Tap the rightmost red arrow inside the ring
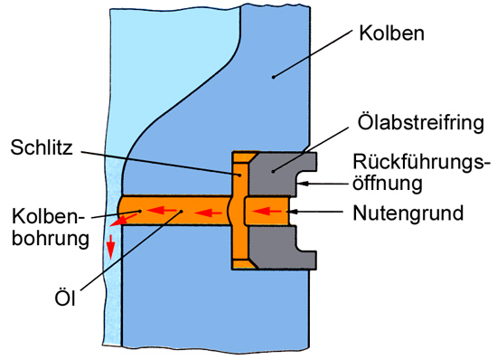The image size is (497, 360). click(267, 214)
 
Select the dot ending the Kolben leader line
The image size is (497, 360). click(271, 79)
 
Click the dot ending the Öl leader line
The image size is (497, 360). click(181, 214)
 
